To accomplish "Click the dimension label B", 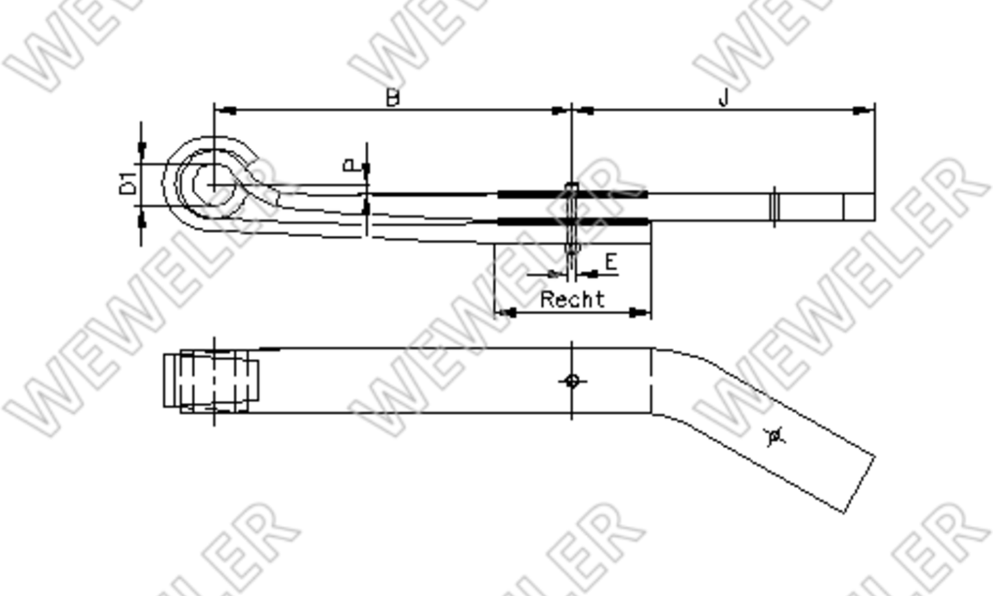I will [x=392, y=98].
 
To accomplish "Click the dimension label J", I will [x=723, y=98].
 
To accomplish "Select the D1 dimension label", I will [x=129, y=184].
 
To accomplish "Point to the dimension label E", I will [x=610, y=262].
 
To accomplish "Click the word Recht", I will [x=572, y=300].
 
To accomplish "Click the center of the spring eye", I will [x=214, y=184].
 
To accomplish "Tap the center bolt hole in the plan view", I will [x=572, y=381].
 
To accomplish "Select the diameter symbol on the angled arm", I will [x=774, y=436].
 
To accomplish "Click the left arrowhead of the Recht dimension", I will [x=506, y=313].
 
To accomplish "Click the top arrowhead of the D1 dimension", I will [x=142, y=148].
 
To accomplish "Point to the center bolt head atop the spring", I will [x=572, y=186].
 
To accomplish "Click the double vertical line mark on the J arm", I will [x=774, y=206].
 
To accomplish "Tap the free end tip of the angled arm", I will [x=859, y=484].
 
